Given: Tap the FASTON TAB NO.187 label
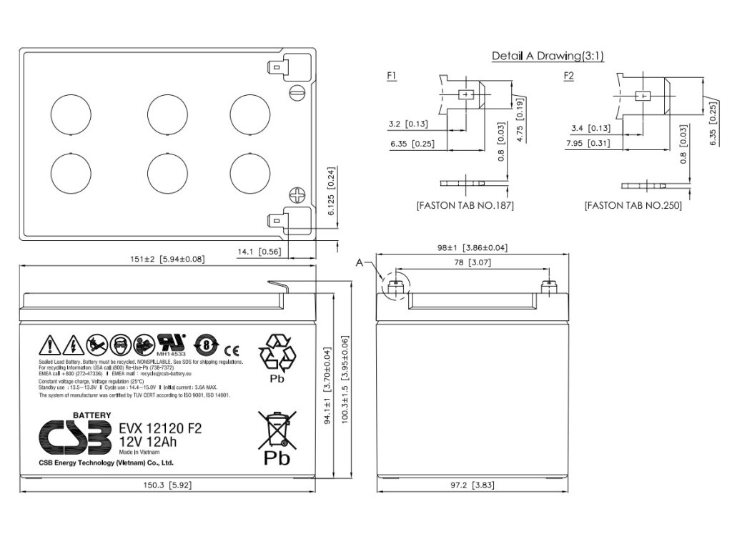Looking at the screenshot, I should [465, 205].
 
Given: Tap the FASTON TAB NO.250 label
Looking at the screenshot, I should [633, 205].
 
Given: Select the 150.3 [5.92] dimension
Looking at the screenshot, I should [166, 485].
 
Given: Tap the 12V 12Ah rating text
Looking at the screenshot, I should [148, 442].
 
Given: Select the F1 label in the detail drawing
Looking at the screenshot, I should [391, 75].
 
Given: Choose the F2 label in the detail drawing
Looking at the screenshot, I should [568, 75].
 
